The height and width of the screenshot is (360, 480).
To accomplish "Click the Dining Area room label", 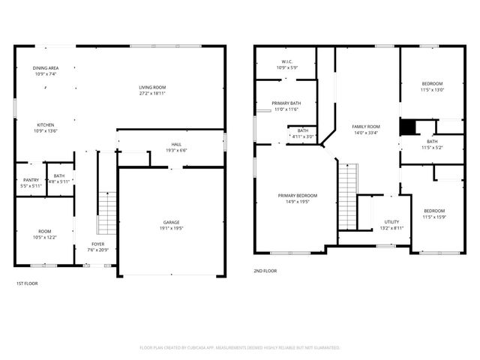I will [46, 67].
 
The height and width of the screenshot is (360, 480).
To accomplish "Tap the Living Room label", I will [152, 87].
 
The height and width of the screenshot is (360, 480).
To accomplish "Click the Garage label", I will [171, 223].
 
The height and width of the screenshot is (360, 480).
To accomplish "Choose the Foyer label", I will [98, 244].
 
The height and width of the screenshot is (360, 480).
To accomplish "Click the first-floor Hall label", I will [175, 145].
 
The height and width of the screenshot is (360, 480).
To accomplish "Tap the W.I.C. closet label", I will [286, 61].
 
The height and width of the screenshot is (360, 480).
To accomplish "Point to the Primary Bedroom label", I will [298, 196].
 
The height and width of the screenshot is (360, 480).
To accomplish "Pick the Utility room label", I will [391, 222].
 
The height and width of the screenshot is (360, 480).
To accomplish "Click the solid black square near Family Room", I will [408, 127].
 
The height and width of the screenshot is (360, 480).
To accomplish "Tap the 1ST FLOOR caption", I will [27, 283].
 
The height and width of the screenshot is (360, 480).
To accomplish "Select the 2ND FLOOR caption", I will [265, 270].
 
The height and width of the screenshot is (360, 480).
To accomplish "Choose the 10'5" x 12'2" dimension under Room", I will [46, 237].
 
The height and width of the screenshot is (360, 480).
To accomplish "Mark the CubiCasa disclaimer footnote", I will [240, 347].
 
